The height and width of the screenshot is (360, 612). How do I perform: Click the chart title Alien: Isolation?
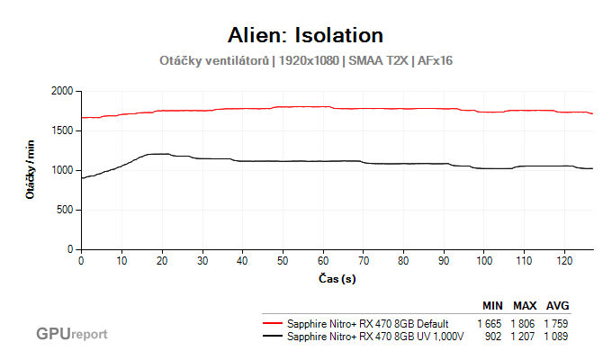pyautogui.click(x=306, y=35)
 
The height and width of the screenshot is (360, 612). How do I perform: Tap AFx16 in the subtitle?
pyautogui.click(x=435, y=61)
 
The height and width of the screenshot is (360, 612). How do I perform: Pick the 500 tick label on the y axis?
pyautogui.click(x=65, y=210)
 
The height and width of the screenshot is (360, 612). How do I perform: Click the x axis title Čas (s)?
pyautogui.click(x=337, y=279)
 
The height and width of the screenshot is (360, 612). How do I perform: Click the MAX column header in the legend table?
pyautogui.click(x=525, y=306)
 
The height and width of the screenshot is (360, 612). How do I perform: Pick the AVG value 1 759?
pyautogui.click(x=556, y=323)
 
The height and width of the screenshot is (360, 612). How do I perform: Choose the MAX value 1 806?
pyautogui.click(x=525, y=323)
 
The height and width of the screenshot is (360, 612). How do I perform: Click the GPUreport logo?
pyautogui.click(x=72, y=334)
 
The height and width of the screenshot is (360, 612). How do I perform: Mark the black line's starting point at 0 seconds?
pyautogui.click(x=82, y=178)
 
